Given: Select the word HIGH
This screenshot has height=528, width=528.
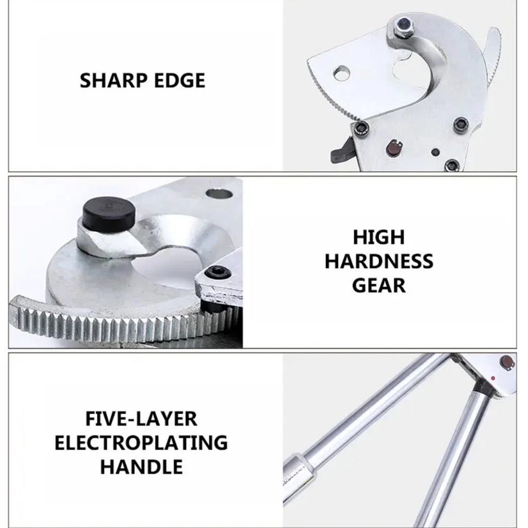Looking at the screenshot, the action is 379,237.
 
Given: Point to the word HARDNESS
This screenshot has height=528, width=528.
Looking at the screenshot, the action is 379,261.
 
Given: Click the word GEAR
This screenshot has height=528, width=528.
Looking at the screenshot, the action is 379,286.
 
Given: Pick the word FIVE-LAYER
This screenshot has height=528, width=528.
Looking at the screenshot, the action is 141,419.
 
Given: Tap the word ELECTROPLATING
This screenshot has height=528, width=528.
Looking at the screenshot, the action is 141,442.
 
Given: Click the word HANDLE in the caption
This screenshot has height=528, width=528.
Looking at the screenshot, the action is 141,467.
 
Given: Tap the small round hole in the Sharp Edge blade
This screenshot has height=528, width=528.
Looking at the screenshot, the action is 341,73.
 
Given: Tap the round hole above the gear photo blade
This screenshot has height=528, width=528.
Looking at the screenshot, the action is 219,194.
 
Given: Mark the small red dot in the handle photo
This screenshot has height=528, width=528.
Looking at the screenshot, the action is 492,378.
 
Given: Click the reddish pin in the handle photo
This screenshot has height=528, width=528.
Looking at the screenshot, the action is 506,361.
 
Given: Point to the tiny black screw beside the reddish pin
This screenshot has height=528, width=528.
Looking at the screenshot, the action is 435,152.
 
